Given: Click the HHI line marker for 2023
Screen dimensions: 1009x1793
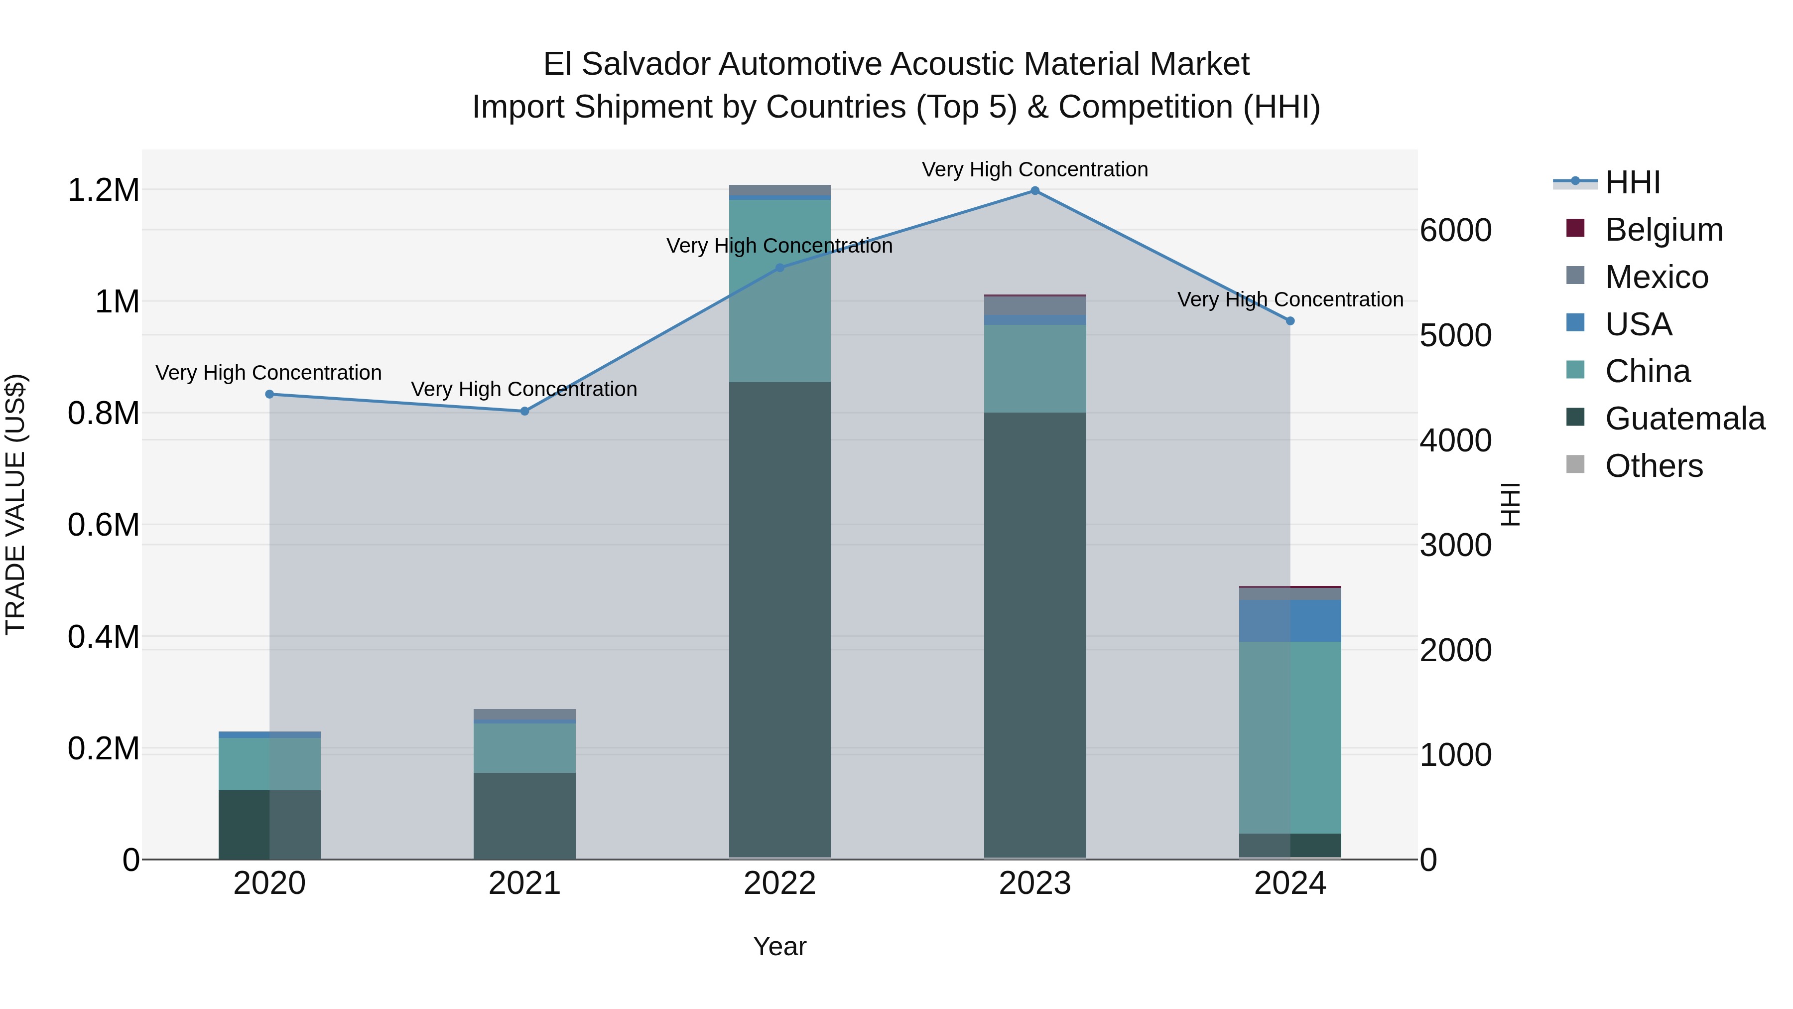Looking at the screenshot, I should [1034, 191].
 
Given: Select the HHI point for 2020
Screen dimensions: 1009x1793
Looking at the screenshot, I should [269, 394].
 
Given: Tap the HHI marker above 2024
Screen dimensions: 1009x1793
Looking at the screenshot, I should [1290, 321].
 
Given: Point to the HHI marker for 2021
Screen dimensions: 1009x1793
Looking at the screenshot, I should [525, 412].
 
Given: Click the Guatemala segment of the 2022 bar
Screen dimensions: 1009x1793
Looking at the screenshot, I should [779, 620].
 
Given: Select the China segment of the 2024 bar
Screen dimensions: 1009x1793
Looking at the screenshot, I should [1290, 737].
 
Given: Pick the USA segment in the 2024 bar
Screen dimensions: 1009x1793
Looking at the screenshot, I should [1290, 620].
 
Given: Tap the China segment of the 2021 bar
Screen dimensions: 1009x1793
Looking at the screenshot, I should [525, 748].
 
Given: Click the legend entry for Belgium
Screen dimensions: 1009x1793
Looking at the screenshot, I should [1664, 230].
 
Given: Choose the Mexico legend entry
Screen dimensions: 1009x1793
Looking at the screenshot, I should [1657, 277].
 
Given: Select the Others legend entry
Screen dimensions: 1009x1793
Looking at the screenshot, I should [1654, 466].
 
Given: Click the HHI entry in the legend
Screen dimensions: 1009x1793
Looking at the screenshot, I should [1632, 182].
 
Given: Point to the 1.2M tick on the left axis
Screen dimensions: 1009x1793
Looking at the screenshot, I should [103, 190].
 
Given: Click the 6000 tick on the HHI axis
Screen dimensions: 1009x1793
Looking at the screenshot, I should [1455, 231].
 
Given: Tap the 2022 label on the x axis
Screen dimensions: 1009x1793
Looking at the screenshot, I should [779, 883].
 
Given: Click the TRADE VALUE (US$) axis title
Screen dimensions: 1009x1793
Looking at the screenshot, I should [15, 504].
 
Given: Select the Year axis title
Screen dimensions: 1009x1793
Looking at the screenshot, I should [779, 946].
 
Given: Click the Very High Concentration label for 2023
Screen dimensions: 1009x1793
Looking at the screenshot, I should [1034, 169].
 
